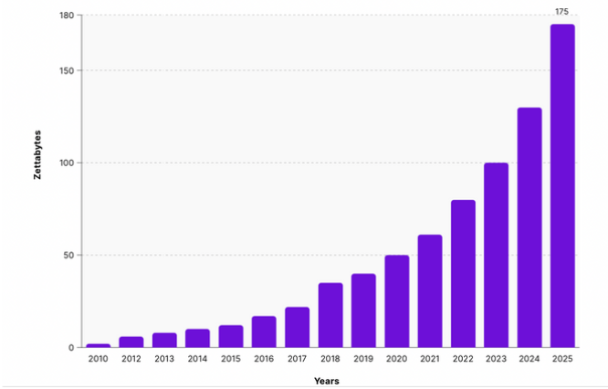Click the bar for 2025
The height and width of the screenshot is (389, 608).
562,186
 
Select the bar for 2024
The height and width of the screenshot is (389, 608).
529,227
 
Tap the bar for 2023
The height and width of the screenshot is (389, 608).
496,255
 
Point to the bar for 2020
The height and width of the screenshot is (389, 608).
396,301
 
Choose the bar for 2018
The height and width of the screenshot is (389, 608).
330,315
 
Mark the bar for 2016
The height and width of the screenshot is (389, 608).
264,331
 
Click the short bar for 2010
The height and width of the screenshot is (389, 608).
99,345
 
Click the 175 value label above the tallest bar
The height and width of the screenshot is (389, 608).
562,11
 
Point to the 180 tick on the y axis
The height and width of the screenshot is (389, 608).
66,16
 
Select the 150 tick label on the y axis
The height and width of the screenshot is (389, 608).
66,70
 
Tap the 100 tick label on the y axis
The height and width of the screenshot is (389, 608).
66,163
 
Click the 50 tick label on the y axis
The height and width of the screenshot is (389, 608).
68,255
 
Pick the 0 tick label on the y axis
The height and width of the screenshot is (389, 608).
71,348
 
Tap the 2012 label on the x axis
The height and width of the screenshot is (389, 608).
131,359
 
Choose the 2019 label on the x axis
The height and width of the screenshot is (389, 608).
363,359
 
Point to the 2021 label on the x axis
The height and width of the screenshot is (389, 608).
430,359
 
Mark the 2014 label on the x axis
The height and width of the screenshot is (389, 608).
197,359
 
